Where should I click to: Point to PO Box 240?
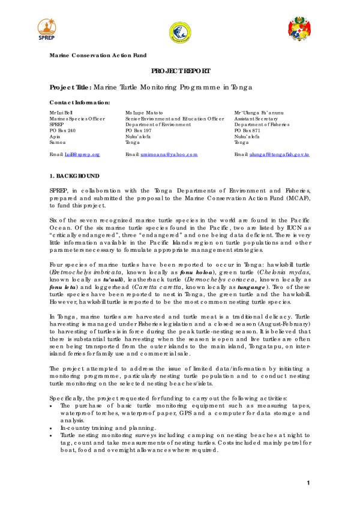pyautogui.click(x=62, y=130)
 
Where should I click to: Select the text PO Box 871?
pyautogui.click(x=248, y=130)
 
